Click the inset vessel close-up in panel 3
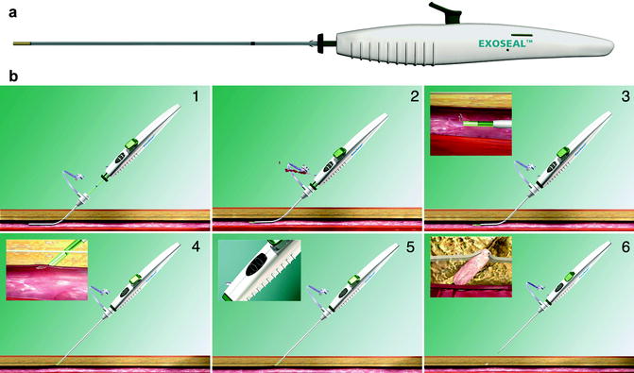click(x=470, y=124)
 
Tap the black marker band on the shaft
click(x=252, y=42)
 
